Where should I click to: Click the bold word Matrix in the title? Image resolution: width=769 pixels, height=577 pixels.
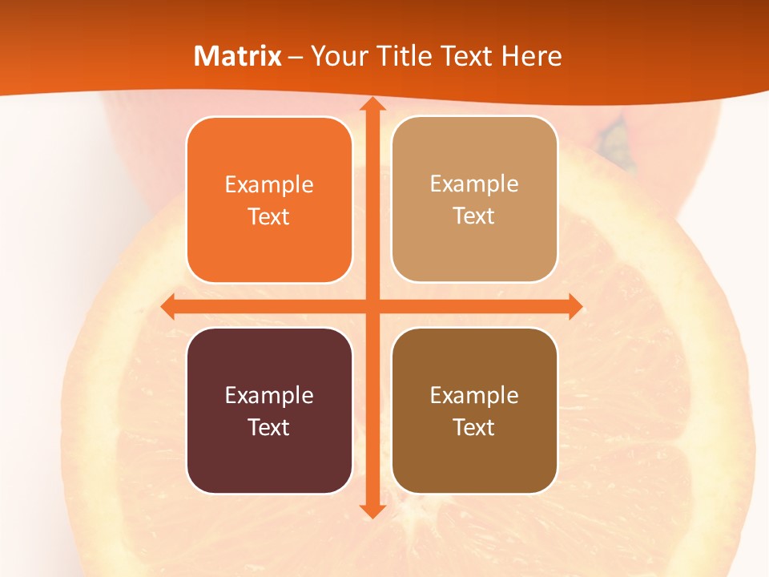pos(238,56)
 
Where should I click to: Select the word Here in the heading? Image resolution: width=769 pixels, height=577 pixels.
pos(531,56)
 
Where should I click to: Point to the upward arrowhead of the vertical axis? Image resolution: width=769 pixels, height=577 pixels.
pos(371,104)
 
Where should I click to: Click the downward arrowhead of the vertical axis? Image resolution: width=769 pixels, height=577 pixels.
pos(371,510)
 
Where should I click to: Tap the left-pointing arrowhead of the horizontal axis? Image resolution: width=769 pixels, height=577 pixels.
pos(168,306)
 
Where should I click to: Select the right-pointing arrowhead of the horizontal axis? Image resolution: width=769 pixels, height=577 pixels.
pos(574,306)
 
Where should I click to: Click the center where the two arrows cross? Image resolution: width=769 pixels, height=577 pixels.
pos(371,306)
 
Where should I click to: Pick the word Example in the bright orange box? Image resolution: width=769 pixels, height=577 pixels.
pos(269,185)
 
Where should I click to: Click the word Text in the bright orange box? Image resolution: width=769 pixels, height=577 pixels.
pos(269,217)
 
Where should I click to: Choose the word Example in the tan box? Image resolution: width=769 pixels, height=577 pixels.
pos(474,184)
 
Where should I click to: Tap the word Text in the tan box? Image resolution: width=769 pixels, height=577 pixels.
pos(474,216)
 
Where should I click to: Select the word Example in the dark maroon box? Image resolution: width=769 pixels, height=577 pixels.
pos(269,396)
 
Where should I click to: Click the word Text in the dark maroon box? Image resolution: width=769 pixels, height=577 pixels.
pos(269,428)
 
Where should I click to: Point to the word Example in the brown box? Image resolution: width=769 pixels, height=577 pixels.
pos(474,396)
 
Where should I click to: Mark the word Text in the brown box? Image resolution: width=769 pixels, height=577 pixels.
pos(474,428)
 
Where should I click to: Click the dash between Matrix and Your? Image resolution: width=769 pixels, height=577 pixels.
pos(296,57)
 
